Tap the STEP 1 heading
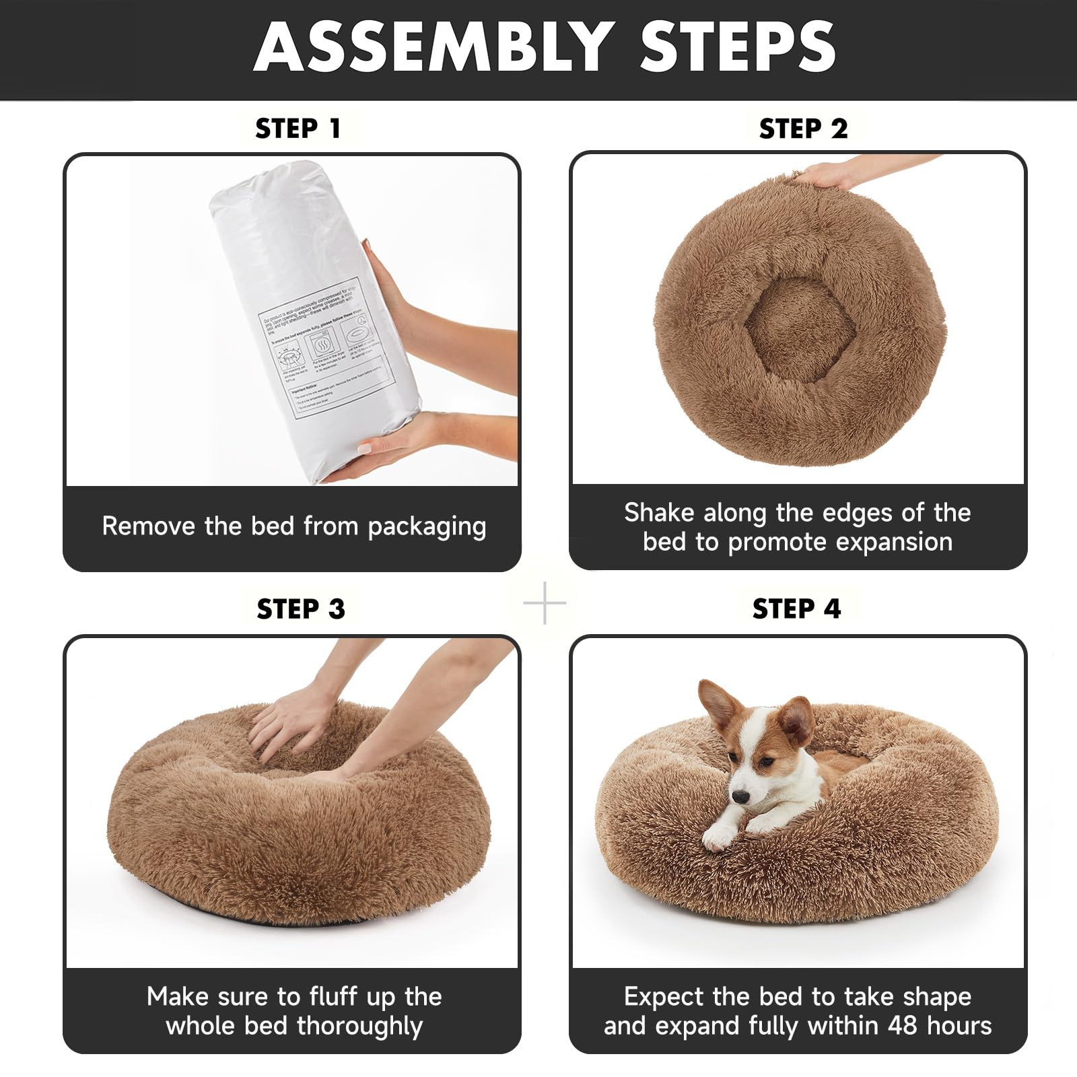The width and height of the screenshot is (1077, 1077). click(298, 129)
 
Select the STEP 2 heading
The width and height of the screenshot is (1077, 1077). click(803, 129)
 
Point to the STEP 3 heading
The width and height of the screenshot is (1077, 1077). click(300, 609)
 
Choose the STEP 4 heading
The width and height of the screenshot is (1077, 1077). click(796, 609)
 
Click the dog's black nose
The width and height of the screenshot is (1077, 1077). click(740, 797)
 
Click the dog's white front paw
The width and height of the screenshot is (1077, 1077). click(719, 837)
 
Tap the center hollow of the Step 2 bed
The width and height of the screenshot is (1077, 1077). click(799, 330)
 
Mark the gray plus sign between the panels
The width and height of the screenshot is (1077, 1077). click(545, 603)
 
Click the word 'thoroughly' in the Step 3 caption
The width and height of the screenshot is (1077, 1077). click(359, 1026)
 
